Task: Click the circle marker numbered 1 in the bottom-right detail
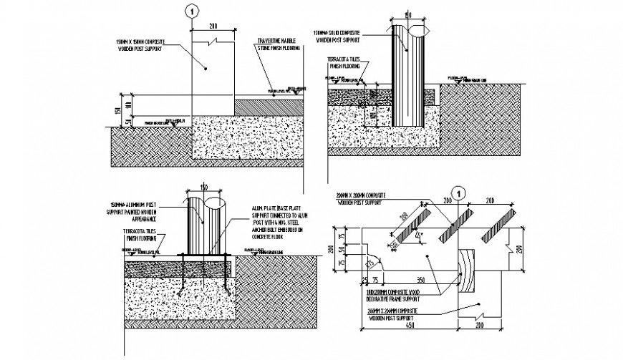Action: [x=460, y=192]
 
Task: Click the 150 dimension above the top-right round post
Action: [x=407, y=14]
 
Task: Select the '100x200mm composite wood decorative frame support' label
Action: [x=390, y=298]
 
